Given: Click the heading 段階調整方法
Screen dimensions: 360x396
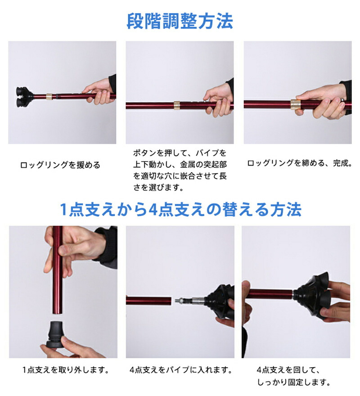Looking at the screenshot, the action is (x=180, y=21).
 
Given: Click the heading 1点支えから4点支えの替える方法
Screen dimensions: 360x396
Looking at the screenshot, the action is (x=180, y=209).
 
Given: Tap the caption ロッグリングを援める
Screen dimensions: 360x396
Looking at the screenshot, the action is (x=60, y=165).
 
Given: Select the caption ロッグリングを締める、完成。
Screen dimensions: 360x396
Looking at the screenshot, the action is (x=300, y=163).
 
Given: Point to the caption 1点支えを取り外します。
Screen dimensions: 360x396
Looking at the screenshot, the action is (x=66, y=370).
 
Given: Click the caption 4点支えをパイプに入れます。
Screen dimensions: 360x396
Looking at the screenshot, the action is (x=181, y=370).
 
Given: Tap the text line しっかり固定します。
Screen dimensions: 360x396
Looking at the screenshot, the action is (x=293, y=382).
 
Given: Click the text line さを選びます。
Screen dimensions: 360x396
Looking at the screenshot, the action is (x=158, y=187).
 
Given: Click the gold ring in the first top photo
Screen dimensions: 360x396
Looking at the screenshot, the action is (x=49, y=96).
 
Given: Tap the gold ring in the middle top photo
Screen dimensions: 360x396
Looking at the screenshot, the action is (x=177, y=105).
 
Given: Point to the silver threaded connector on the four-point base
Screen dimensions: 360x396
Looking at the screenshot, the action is (x=189, y=301).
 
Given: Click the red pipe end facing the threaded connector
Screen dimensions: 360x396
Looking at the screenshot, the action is (x=170, y=301).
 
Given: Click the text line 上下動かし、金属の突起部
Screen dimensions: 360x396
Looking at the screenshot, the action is (x=180, y=165).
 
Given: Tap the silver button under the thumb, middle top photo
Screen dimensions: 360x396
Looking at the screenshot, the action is (x=205, y=100).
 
